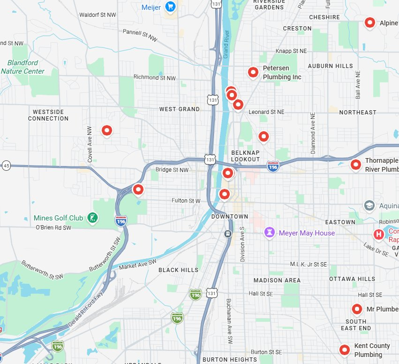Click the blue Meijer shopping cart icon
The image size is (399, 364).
point(170,7)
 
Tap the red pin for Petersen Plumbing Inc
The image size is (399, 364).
point(253,72)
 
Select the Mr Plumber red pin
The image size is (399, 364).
point(357,309)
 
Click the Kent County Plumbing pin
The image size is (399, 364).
point(345,349)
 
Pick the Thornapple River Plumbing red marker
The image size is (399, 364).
point(356,164)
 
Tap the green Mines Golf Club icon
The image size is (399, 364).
point(93,218)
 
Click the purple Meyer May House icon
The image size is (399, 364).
point(270,233)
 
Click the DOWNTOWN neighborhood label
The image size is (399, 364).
point(230,216)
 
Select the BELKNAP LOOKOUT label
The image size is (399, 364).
point(245,156)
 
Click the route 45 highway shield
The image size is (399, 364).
point(6,166)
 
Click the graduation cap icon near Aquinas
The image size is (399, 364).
point(369,205)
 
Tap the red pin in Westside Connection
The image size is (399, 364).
point(107,130)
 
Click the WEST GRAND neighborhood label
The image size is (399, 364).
point(179,109)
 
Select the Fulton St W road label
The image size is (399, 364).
point(186,201)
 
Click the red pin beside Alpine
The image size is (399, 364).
point(370,23)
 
